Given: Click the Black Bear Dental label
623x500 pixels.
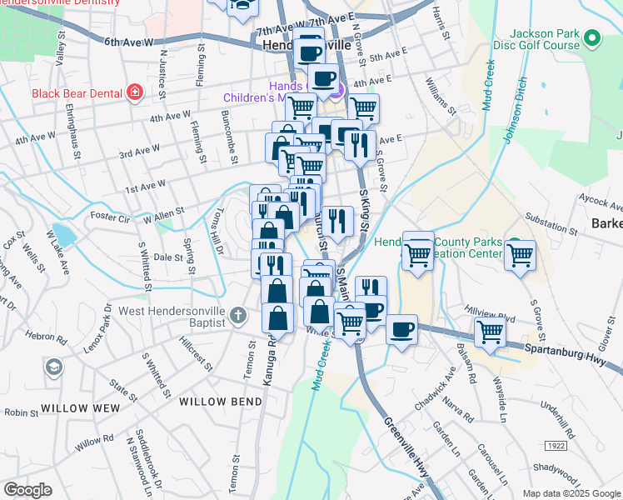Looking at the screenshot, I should (77, 93).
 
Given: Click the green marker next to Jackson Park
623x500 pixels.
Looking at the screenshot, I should (592, 38).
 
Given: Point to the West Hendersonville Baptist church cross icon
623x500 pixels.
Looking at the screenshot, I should (238, 316).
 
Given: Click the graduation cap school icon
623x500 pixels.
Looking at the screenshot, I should (54, 367).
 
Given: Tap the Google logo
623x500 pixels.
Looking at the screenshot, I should (27, 490).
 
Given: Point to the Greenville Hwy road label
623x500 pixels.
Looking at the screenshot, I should (407, 448).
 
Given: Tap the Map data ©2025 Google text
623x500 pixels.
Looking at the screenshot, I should (571, 493).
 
